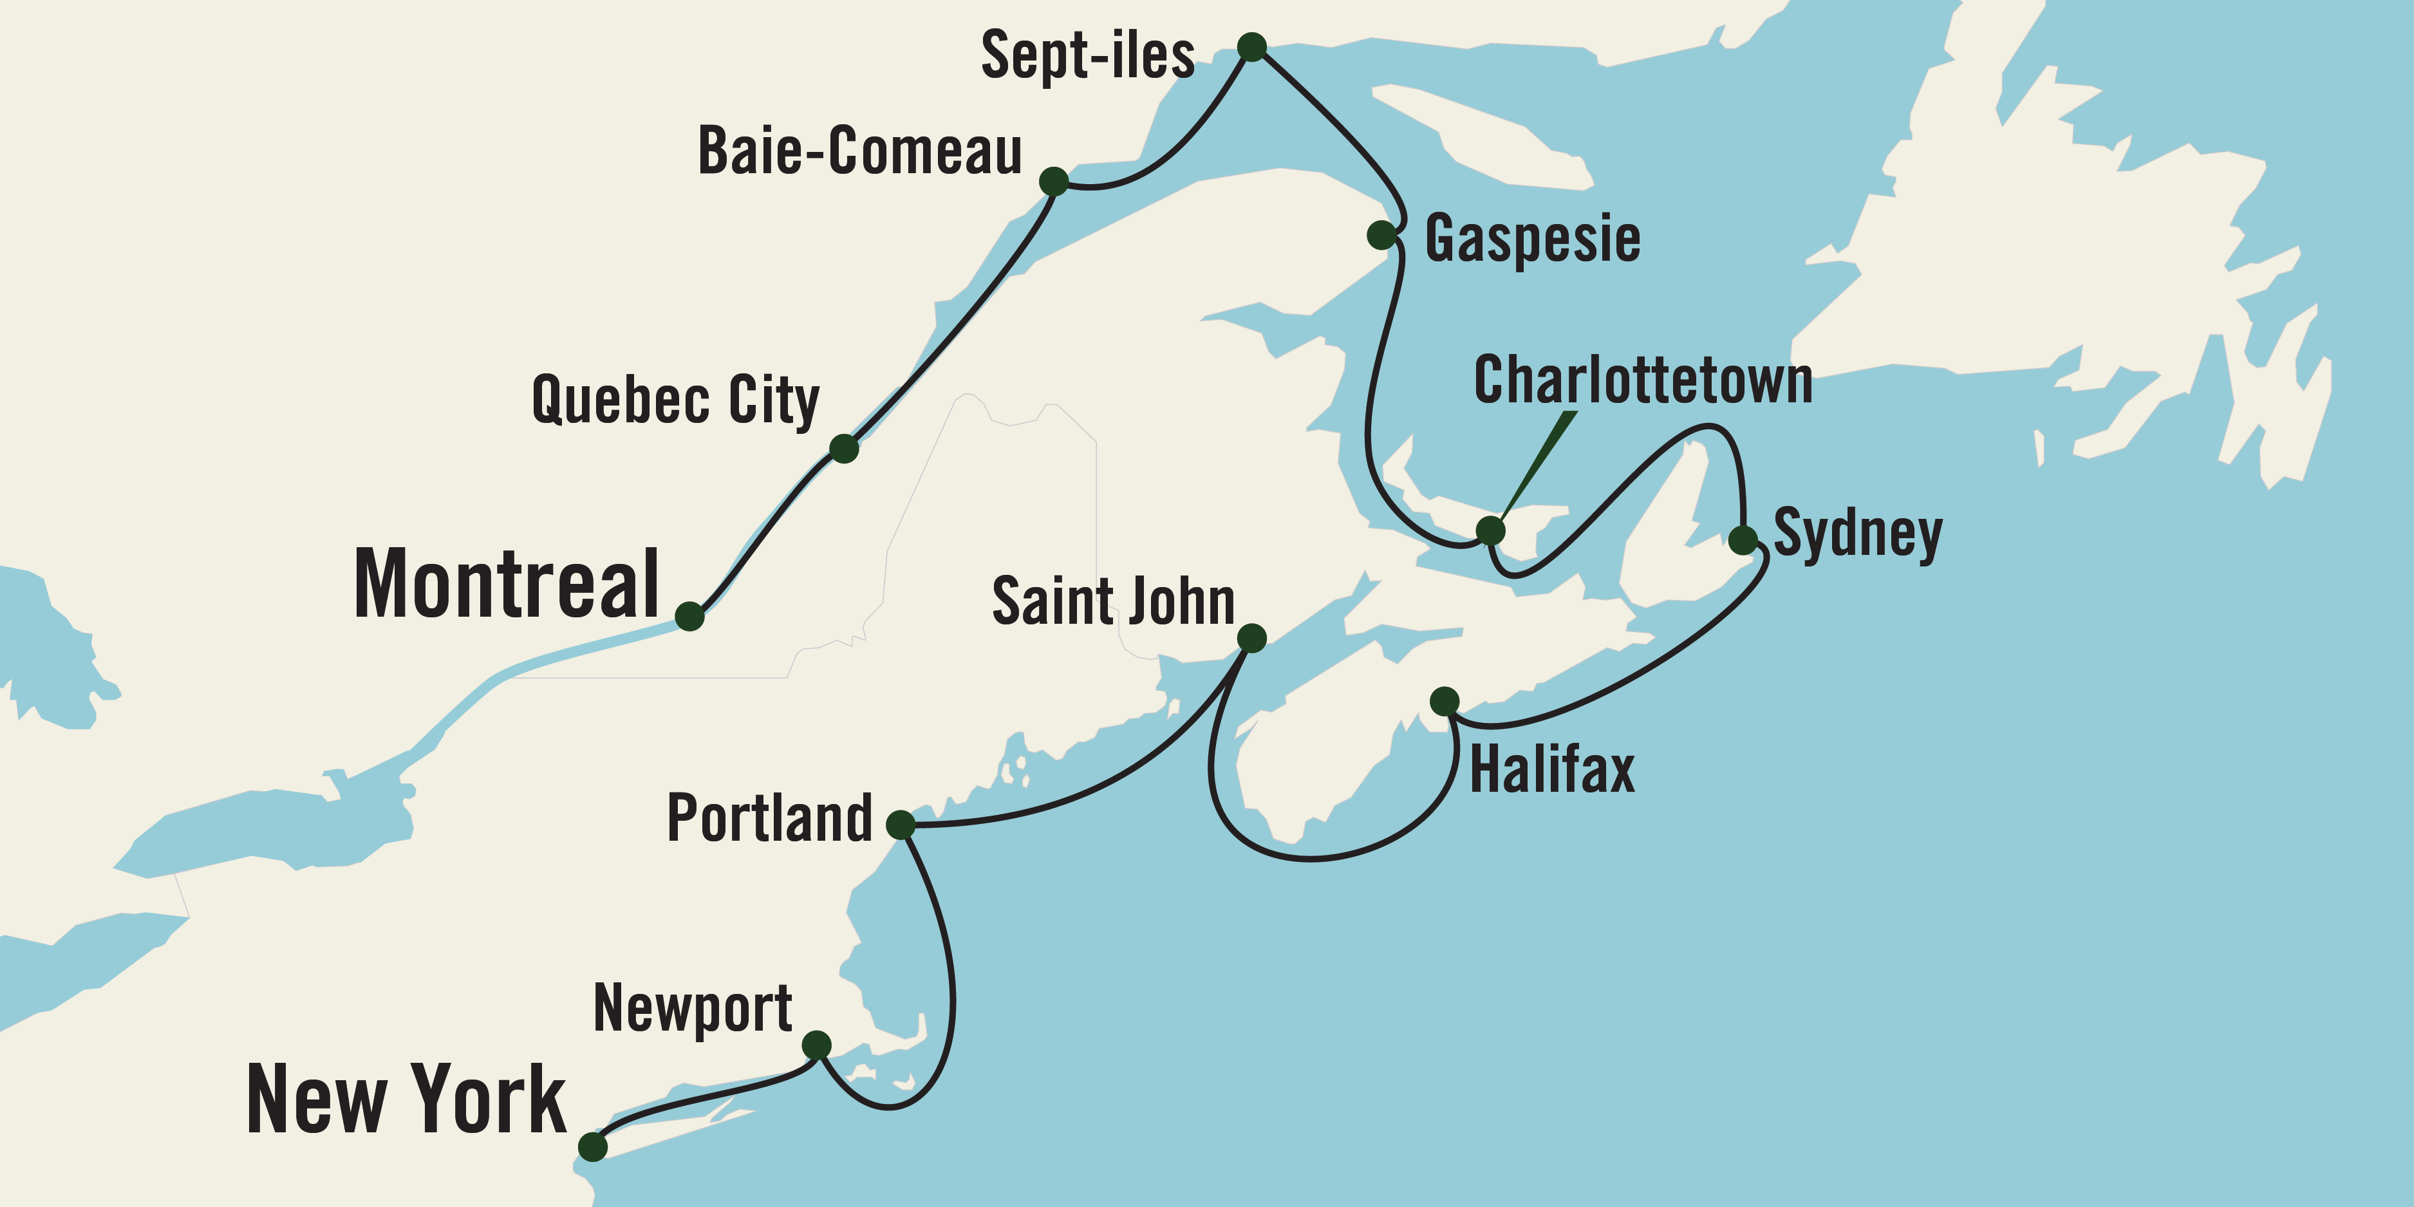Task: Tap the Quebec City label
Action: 675,400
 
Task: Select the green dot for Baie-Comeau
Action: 1053,181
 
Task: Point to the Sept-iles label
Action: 1087,55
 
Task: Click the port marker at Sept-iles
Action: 1252,47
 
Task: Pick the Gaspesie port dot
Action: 1381,234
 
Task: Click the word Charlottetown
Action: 1643,380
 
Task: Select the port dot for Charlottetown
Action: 1490,530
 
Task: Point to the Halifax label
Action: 1552,771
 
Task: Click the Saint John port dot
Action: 1252,638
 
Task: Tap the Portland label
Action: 769,818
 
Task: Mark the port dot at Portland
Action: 900,825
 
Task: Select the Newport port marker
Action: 816,1045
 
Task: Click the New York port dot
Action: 592,1146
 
